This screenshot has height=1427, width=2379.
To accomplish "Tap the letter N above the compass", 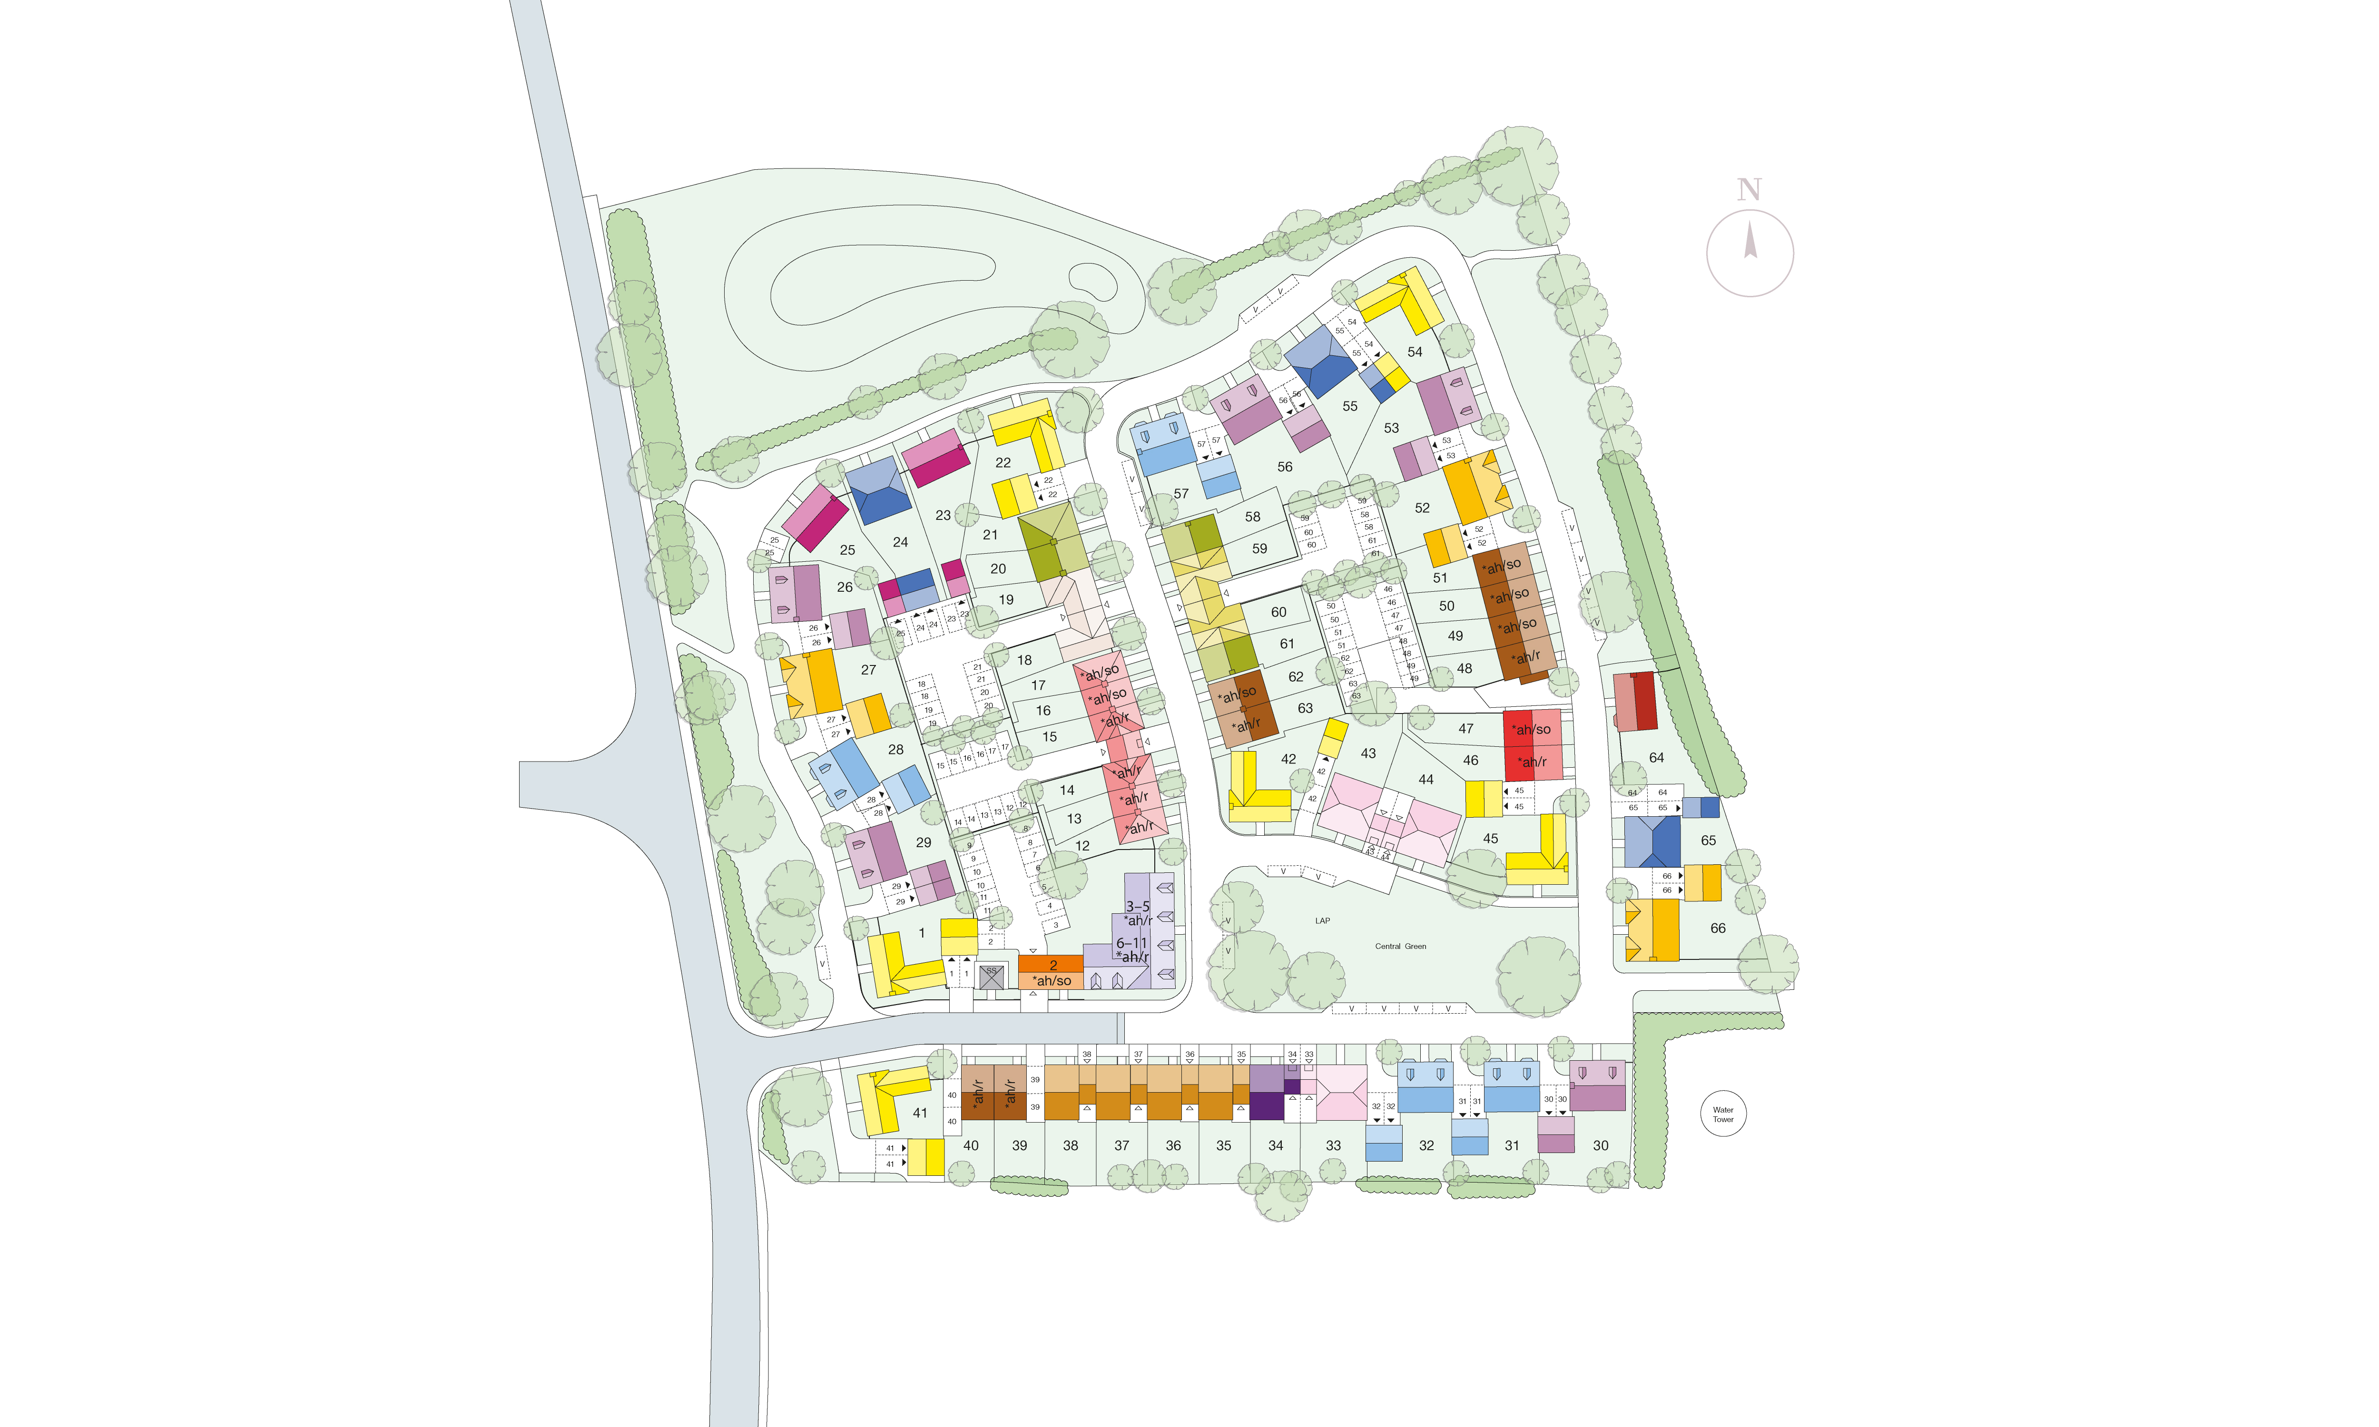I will (1749, 190).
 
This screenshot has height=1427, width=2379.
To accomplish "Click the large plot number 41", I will (920, 1113).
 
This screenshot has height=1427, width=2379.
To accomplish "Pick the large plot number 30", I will (1600, 1145).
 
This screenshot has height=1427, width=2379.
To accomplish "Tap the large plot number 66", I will (1718, 928).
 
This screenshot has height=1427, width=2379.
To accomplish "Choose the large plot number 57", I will (1181, 493).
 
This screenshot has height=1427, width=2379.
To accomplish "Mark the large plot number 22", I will (1003, 462).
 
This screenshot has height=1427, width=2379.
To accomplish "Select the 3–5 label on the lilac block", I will (1138, 906).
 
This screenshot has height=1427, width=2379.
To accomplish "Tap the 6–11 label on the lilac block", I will (1132, 943).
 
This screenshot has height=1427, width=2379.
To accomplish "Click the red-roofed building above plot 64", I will (1635, 701).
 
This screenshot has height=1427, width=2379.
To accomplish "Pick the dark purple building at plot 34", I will (1267, 1106).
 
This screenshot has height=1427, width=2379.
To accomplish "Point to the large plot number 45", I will (1491, 839).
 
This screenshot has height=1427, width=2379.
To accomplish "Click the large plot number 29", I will (923, 842).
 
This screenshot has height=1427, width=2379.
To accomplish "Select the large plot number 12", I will (1083, 846).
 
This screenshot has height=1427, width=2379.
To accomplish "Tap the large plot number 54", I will (1415, 352).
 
